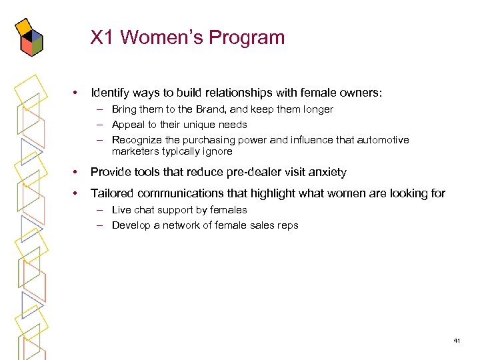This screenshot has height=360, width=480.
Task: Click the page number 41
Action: (457, 341)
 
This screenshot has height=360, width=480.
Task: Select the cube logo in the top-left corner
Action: (29, 37)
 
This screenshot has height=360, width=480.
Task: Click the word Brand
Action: (197, 109)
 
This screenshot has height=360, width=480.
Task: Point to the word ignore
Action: (217, 151)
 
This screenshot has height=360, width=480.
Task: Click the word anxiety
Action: (324, 172)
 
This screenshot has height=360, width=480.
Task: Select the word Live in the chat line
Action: (121, 210)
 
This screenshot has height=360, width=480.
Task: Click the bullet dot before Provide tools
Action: (77, 172)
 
